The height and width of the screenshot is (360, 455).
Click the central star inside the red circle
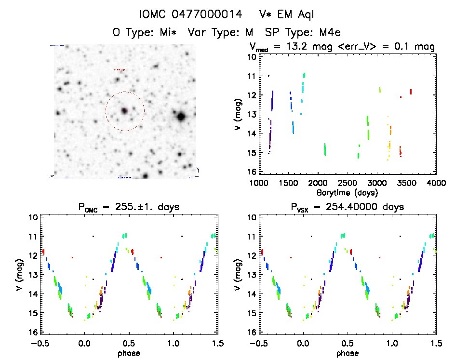pos(124,111)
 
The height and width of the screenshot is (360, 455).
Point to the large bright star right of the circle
pos(181,116)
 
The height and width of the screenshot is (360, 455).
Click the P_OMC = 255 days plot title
pos(129,208)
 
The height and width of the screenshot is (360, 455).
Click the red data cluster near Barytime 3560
pos(411,92)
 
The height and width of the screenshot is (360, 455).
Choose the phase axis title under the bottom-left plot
pos(129,353)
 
